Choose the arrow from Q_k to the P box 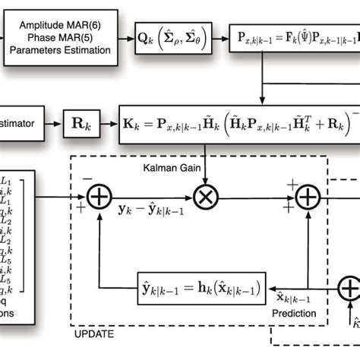click(219, 36)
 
